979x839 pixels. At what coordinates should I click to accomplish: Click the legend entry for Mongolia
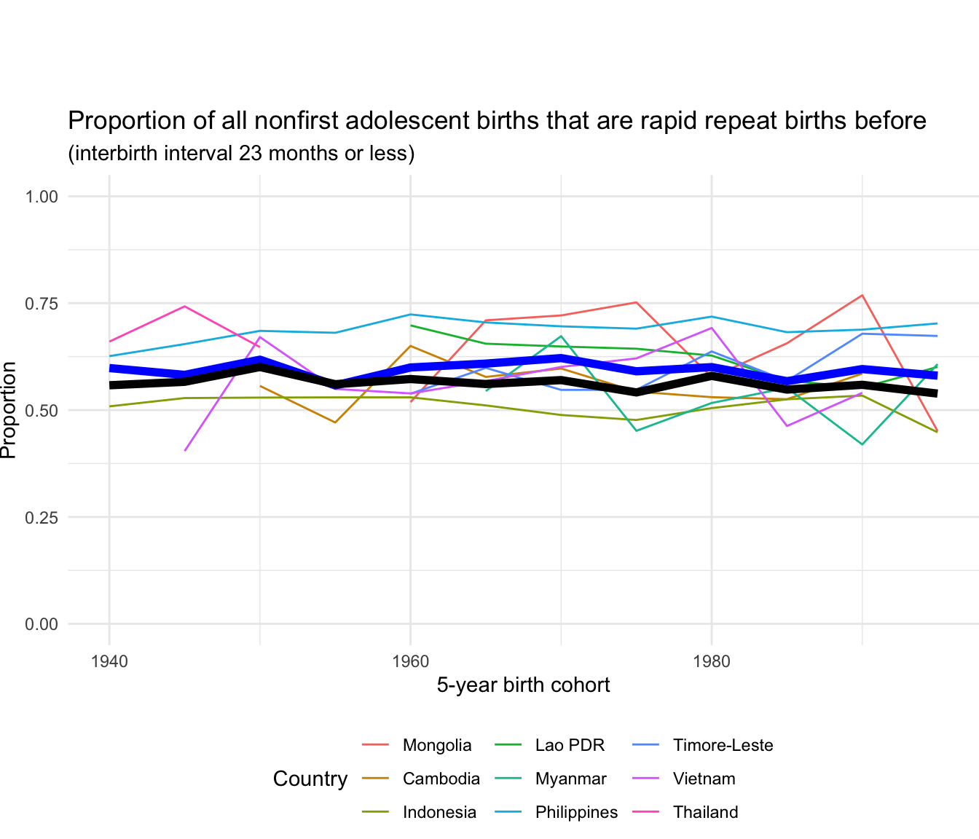(x=437, y=745)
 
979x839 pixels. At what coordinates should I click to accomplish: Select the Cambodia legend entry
(x=441, y=779)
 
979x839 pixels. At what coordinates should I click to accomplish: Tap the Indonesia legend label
(x=439, y=812)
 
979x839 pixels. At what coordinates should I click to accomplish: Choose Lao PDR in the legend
(x=570, y=745)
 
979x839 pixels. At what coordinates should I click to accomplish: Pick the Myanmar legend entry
(x=570, y=779)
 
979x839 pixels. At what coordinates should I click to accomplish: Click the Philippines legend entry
(x=576, y=812)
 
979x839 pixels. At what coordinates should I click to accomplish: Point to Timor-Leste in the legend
(x=723, y=745)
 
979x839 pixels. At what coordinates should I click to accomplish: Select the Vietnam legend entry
(x=704, y=779)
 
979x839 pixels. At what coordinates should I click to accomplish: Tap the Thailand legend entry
(x=705, y=812)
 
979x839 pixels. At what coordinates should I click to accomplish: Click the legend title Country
(x=310, y=779)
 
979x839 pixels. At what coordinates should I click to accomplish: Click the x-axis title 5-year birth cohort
(x=523, y=685)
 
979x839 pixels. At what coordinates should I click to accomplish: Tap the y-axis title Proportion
(x=9, y=410)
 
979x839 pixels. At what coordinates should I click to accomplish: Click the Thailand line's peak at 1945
(x=185, y=307)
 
